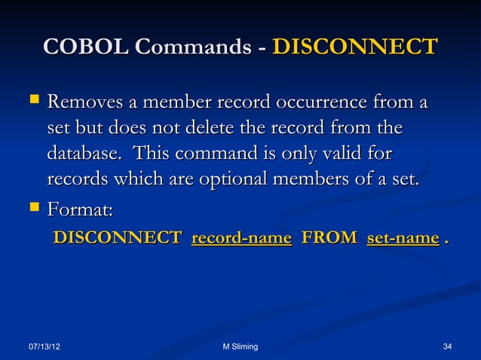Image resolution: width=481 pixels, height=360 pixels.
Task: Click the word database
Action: coord(83,154)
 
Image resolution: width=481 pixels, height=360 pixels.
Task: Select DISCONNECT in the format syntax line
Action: coord(117,239)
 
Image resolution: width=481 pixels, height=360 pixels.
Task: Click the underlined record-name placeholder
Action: coord(242,239)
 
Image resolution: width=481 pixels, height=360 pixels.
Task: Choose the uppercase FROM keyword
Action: coord(329,239)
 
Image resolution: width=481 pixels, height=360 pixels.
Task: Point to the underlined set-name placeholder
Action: coord(403,239)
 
